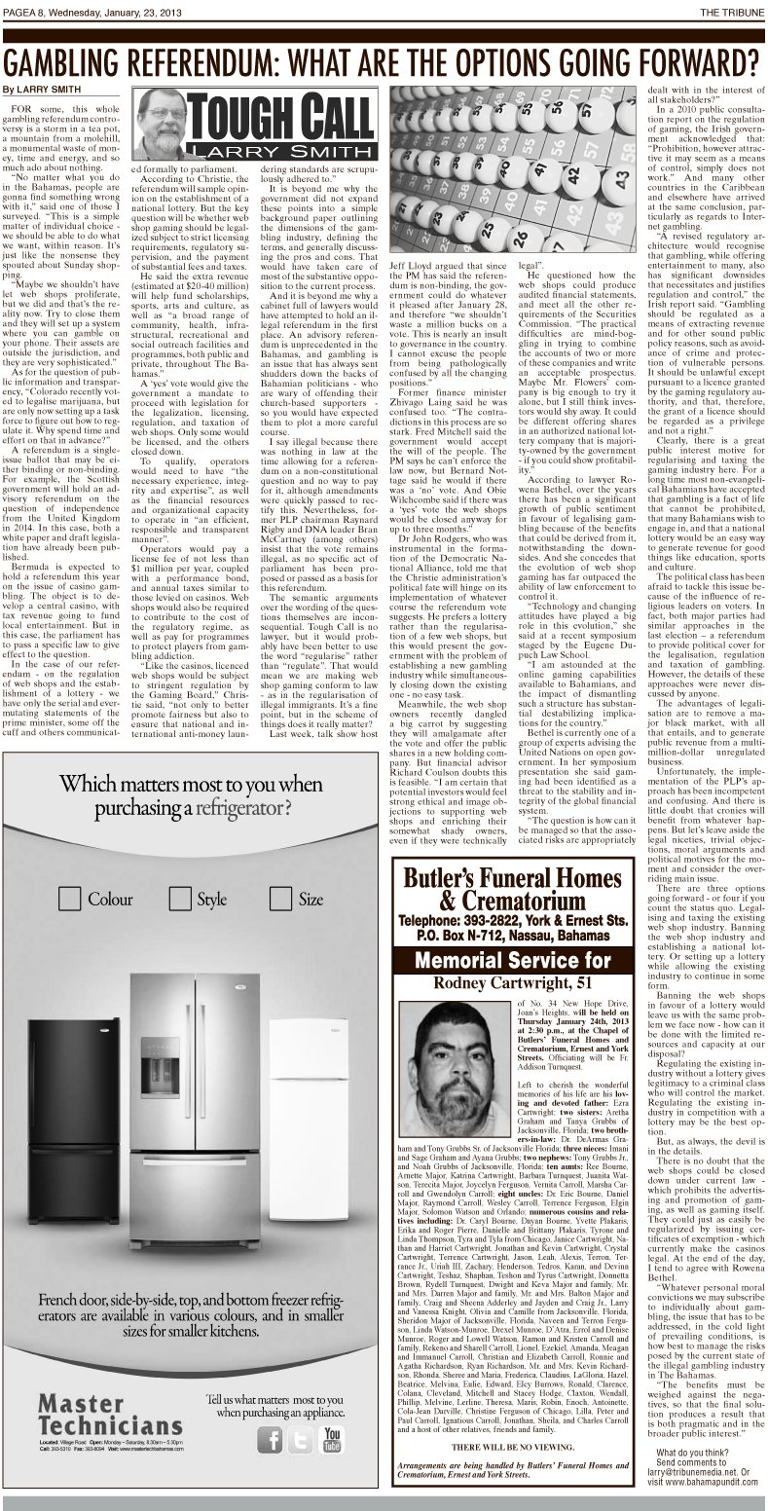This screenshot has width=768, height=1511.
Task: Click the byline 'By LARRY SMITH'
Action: (x=41, y=89)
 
